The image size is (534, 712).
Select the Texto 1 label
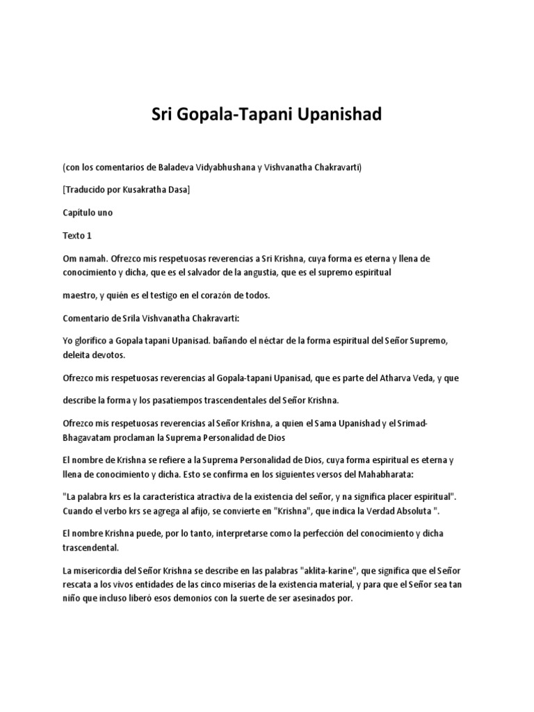tap(77, 235)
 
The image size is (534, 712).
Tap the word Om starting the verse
tap(69, 258)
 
